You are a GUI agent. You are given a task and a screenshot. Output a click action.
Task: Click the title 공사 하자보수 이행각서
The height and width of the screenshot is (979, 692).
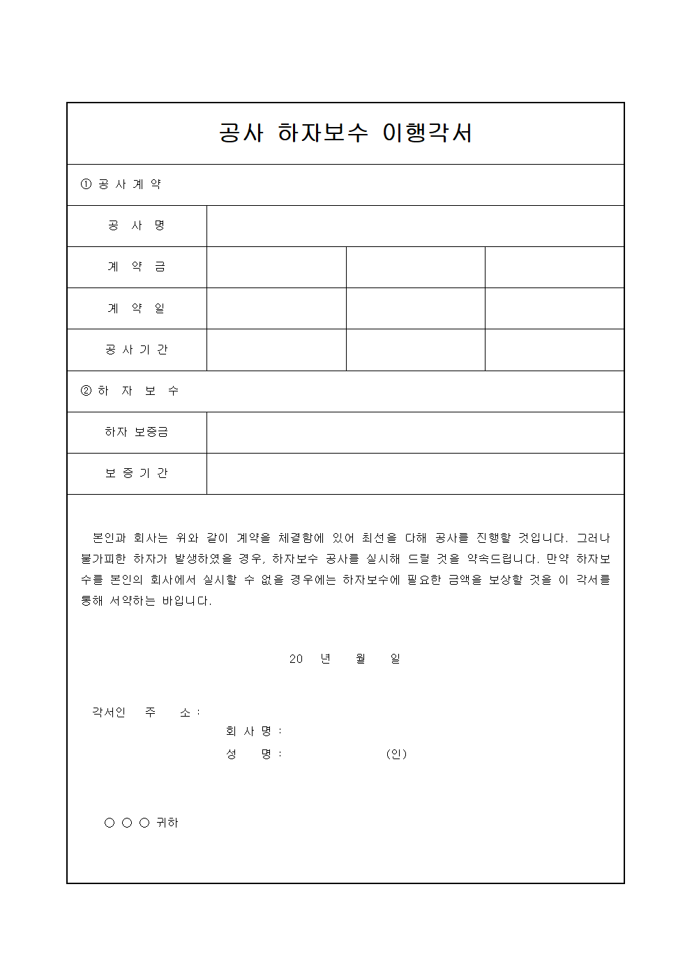click(x=345, y=133)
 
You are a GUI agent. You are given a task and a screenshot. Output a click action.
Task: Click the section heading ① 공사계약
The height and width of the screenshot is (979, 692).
click(x=121, y=184)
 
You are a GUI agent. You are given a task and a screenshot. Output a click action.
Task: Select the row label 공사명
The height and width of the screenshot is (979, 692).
click(x=137, y=225)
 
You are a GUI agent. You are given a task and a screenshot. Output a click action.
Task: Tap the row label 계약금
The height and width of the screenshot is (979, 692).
click(x=137, y=267)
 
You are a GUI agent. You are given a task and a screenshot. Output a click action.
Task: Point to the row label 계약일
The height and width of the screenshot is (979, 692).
click(x=137, y=308)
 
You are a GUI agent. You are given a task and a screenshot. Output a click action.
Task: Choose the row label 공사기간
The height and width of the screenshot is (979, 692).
click(x=137, y=350)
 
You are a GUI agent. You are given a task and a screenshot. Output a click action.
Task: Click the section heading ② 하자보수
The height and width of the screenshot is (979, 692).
click(x=130, y=391)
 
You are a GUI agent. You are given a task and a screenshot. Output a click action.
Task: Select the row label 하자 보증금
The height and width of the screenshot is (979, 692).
click(x=137, y=432)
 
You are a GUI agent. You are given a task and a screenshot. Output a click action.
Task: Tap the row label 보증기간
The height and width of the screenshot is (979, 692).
click(x=137, y=473)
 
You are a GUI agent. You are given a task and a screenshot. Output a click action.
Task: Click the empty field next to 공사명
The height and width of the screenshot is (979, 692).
click(x=415, y=225)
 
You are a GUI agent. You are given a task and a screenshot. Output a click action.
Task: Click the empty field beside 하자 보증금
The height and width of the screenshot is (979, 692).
click(x=415, y=432)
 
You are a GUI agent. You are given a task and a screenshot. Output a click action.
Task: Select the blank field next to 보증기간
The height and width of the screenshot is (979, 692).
click(x=415, y=473)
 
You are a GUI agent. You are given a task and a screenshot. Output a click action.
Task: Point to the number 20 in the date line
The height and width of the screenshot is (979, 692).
click(x=296, y=659)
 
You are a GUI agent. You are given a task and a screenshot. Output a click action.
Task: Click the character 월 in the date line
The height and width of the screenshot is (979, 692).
click(x=361, y=659)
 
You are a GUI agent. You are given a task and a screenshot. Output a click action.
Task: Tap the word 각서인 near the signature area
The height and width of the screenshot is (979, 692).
click(x=109, y=712)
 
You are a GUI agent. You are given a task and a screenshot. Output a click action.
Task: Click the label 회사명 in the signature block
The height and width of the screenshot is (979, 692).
click(x=249, y=731)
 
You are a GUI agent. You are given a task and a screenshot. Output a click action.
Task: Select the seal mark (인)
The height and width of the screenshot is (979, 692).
click(x=396, y=754)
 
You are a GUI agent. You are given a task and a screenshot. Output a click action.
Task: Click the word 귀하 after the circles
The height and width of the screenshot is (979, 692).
click(x=167, y=823)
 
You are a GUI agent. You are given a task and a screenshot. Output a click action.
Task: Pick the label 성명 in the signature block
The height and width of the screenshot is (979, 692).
click(x=249, y=754)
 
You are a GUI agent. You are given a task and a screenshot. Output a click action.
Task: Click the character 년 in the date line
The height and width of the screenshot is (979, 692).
click(x=326, y=659)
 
